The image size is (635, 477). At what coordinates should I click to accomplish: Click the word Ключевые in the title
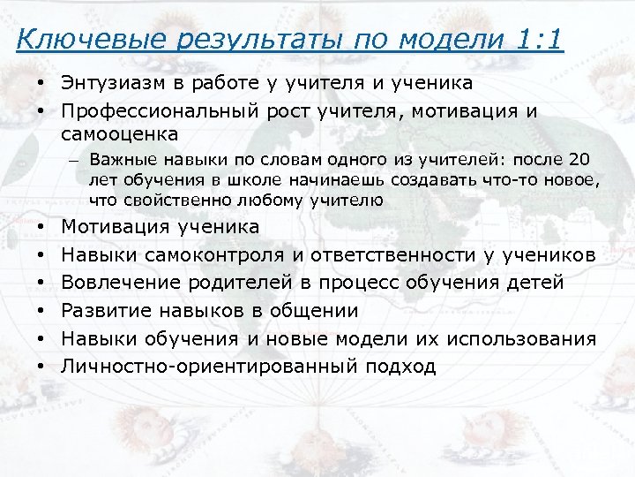tap(71, 40)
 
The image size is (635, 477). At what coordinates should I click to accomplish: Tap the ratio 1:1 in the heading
tap(535, 40)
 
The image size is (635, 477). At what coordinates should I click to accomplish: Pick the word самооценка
tap(120, 134)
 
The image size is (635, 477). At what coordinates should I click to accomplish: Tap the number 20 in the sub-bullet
tap(579, 161)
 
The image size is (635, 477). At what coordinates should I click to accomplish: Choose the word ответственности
tap(391, 255)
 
